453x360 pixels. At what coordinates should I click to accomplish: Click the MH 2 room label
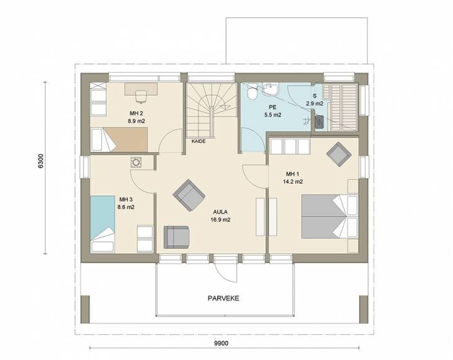point(137,113)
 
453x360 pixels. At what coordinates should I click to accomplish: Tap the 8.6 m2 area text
point(126,207)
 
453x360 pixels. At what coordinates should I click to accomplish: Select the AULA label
point(220,212)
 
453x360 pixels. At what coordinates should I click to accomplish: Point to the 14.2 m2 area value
point(293,182)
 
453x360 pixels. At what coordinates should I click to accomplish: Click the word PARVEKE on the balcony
point(223,298)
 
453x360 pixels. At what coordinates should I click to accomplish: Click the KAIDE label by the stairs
point(199,142)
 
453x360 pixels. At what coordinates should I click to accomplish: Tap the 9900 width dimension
point(222,343)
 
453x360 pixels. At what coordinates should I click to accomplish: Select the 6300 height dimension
point(41,161)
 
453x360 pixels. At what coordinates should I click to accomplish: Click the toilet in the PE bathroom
point(253,91)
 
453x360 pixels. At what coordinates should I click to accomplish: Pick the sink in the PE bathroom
point(271,89)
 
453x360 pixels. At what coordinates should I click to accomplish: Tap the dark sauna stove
point(319,122)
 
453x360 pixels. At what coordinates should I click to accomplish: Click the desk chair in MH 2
point(141,96)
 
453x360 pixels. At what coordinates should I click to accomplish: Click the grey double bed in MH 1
point(330,217)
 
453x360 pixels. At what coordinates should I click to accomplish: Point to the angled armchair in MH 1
point(339,154)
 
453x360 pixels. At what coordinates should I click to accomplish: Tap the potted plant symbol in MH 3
point(136,163)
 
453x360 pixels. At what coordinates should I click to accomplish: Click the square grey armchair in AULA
point(176,237)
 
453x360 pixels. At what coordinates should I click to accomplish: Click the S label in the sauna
point(315,96)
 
